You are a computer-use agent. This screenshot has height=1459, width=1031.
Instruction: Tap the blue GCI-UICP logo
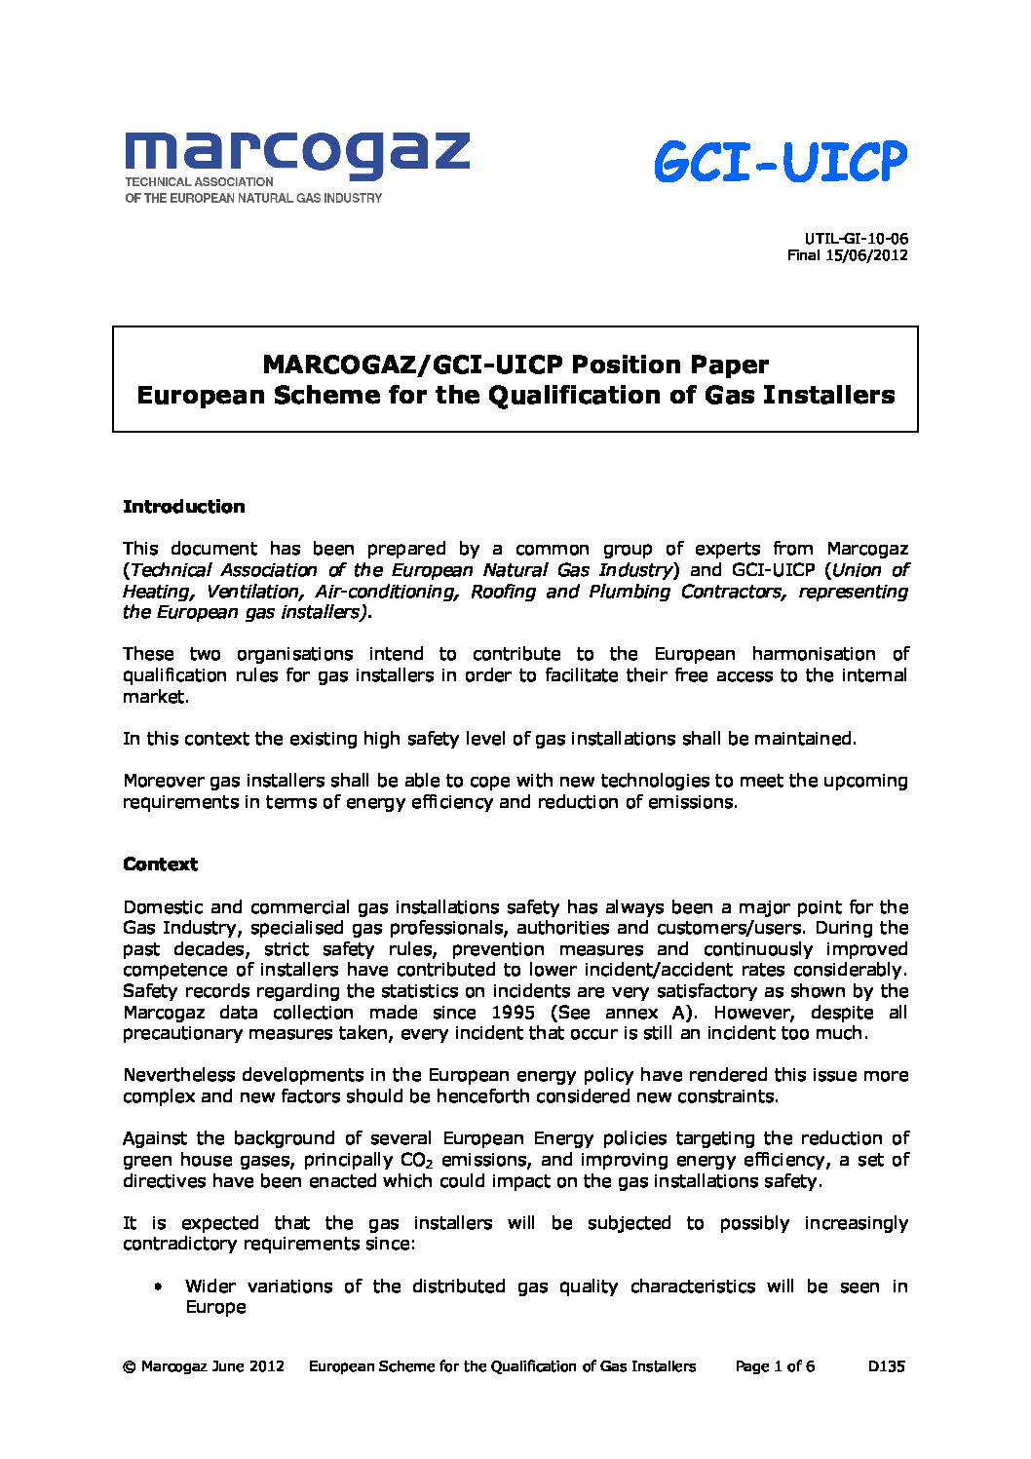tap(780, 162)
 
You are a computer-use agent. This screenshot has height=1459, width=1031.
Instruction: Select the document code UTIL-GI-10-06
tap(857, 239)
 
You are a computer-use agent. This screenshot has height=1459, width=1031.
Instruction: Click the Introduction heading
tap(183, 507)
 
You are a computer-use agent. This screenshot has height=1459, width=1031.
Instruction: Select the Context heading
tap(160, 864)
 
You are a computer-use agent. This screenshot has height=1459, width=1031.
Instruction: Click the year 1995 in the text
tap(513, 1013)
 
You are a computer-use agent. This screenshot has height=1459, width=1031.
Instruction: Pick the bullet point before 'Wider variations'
tap(157, 1287)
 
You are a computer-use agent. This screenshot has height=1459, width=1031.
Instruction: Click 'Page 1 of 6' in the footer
tap(775, 1366)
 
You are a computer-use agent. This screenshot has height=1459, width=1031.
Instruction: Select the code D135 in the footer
tap(886, 1366)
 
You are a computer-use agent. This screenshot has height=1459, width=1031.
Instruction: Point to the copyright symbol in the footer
tap(129, 1367)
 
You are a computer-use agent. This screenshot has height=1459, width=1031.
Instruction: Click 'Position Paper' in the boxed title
tap(669, 365)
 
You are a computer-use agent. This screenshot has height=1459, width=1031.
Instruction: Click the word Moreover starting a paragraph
tap(164, 781)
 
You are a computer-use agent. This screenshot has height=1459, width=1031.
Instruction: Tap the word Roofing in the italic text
tap(503, 592)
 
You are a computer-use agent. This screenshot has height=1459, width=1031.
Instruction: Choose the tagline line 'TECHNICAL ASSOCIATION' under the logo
tap(199, 182)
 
